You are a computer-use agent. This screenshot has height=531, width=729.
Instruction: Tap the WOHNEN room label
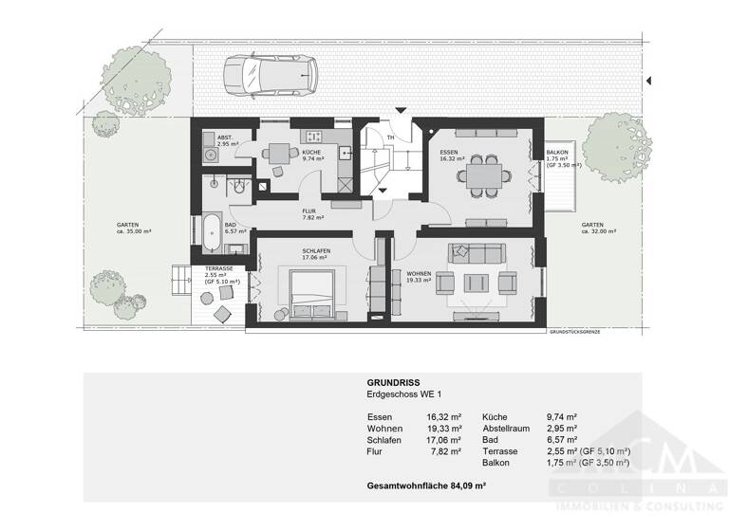pyautogui.click(x=419, y=274)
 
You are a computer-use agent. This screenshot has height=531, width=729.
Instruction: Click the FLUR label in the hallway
pyautogui.click(x=308, y=211)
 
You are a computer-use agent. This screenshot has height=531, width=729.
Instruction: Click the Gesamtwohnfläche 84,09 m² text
pyautogui.click(x=426, y=485)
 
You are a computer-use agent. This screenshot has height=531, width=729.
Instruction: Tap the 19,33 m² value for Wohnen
pyautogui.click(x=444, y=428)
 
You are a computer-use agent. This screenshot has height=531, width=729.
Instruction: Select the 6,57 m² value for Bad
pyautogui.click(x=563, y=439)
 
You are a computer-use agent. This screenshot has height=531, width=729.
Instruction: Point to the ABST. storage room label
pyautogui.click(x=225, y=137)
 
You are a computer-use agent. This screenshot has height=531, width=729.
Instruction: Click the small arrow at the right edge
pyautogui.click(x=646, y=82)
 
